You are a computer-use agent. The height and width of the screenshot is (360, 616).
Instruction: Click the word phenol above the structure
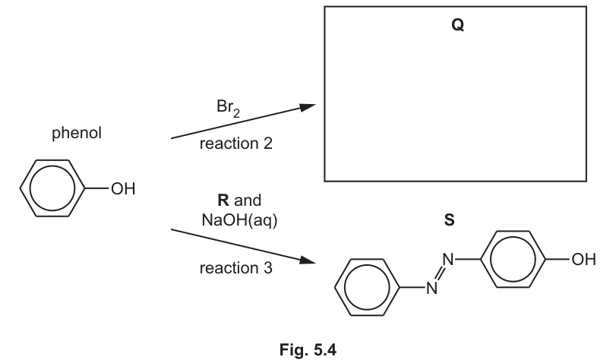pos(77,133)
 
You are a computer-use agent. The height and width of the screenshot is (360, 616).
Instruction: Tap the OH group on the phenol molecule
pos(123,188)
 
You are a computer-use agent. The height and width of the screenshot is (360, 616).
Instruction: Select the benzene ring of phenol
pos(20,188)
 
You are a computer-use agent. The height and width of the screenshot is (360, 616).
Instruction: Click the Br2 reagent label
pos(228,108)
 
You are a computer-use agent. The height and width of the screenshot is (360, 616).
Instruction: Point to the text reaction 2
pos(235,144)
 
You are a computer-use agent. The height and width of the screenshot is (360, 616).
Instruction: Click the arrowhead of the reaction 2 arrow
pos(308,107)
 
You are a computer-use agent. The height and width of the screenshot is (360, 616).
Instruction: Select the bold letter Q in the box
pos(458,25)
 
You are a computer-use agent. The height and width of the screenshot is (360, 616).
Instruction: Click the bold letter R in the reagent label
pos(223,200)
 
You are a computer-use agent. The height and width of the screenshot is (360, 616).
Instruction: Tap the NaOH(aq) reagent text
pos(239,220)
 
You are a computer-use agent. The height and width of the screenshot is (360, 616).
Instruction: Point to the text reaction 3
pos(235,268)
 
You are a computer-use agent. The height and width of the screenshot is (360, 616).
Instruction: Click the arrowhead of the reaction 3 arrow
pos(308,260)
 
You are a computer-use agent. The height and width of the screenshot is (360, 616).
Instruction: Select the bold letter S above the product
pos(449,219)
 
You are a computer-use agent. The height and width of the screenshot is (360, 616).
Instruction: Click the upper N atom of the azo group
pos(448,260)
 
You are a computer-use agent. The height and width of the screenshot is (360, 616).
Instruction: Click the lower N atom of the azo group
pos(431,288)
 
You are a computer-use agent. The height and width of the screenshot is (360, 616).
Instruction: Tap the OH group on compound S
pos(584,260)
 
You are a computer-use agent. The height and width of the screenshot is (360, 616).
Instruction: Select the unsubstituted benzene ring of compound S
pos(334,287)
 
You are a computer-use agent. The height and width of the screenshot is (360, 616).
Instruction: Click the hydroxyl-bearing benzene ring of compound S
pos(480,259)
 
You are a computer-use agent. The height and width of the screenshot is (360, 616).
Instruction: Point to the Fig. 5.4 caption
pos(308,349)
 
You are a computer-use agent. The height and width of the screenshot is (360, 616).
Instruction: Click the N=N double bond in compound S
pos(440,274)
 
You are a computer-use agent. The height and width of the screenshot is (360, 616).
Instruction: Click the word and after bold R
pos(248,201)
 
